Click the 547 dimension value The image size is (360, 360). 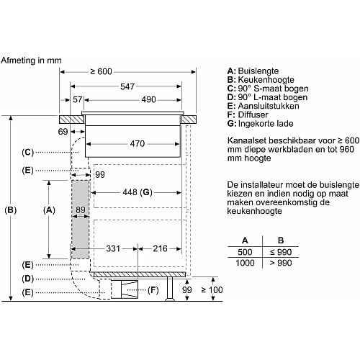coord(127,86)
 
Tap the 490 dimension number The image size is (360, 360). coord(148,99)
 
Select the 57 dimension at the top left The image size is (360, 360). coord(77,99)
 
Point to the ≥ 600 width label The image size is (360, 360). coord(101,71)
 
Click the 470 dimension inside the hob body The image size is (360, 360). coord(138,144)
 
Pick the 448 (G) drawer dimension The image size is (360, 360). coord(138,192)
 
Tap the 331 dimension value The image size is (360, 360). coord(113,248)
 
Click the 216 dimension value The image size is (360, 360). coord(160,248)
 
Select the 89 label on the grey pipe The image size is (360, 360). coord(81,210)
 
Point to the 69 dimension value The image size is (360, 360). coord(63,132)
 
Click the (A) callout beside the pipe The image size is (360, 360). coord(49,210)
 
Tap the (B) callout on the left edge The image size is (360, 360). coord(11,210)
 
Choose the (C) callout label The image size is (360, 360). coord(27,153)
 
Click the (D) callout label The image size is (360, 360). coord(27,279)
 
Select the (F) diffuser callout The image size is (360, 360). coord(153,290)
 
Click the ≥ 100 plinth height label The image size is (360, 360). coord(212,290)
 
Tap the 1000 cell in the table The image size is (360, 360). coord(245,263)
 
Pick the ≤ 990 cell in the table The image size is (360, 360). coord(281,252)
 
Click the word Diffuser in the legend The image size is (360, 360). coord(253,114)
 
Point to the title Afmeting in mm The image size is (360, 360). coord(31,60)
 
